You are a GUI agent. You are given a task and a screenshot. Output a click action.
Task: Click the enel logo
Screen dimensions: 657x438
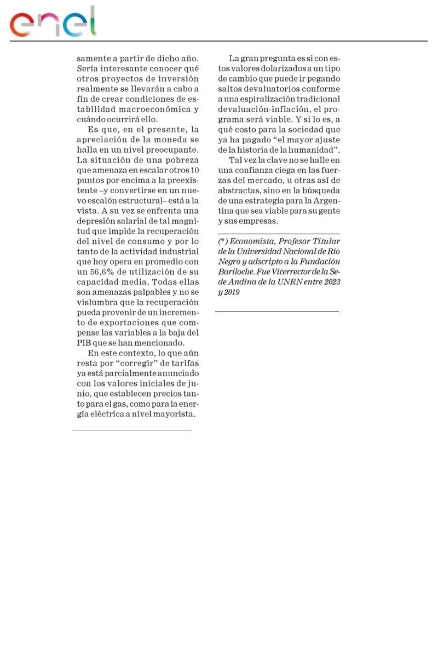coord(53,22)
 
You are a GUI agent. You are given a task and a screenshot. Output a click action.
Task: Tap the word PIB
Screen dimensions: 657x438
coord(84,343)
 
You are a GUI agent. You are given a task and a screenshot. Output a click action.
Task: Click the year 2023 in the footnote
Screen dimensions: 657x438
coord(330,282)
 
